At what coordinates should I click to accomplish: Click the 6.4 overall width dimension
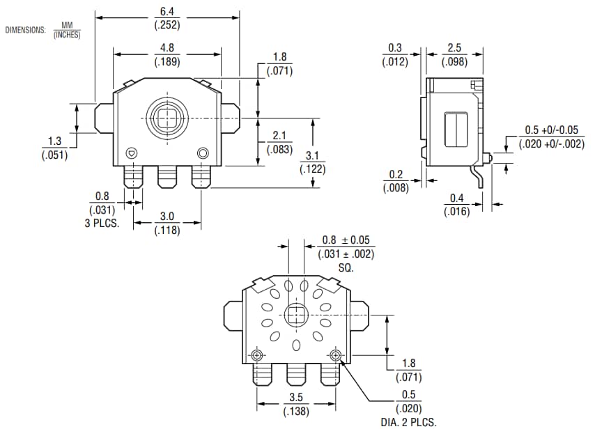(x=167, y=12)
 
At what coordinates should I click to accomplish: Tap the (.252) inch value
(x=167, y=25)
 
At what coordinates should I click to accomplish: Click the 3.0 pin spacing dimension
(x=167, y=217)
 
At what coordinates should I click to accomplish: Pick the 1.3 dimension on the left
(x=54, y=141)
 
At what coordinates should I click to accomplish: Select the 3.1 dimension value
(x=312, y=155)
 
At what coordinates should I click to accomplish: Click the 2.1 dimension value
(x=279, y=136)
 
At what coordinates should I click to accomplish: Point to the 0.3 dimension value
(x=394, y=48)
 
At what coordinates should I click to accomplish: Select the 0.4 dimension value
(x=456, y=198)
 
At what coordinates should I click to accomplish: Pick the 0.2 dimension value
(x=394, y=173)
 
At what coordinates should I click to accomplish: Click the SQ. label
(x=346, y=267)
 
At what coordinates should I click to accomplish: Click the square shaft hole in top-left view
(x=167, y=116)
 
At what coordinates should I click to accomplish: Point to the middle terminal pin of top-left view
(x=167, y=177)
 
